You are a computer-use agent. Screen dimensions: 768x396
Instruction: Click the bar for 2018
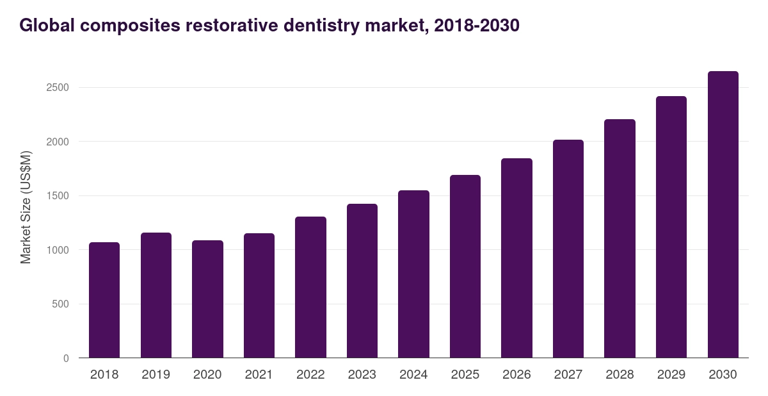(104, 300)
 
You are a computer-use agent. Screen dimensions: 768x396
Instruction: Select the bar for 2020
(207, 299)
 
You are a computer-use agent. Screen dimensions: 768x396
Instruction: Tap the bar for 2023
(362, 281)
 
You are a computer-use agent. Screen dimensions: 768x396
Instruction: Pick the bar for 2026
(516, 258)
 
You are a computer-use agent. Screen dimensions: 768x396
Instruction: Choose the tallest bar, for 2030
(723, 215)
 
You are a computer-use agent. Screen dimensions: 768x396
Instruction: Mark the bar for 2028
(620, 238)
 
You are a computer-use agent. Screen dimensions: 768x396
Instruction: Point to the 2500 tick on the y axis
(58, 88)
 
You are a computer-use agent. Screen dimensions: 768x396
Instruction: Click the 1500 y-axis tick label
(58, 195)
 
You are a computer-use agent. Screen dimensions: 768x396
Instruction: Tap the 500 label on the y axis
(60, 304)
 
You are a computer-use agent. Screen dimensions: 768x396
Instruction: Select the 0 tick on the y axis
(66, 358)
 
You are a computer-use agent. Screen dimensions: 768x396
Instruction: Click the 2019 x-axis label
(156, 374)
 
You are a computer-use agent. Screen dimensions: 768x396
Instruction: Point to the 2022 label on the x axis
(310, 374)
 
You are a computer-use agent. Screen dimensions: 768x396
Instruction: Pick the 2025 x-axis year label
(465, 374)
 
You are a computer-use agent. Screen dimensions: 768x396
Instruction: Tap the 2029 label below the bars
(671, 374)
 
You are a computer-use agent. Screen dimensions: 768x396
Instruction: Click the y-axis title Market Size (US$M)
(26, 207)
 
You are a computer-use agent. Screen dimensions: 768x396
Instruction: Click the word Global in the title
(47, 25)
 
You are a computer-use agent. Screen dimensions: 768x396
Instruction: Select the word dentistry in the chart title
(321, 26)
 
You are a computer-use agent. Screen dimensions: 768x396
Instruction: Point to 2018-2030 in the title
(477, 26)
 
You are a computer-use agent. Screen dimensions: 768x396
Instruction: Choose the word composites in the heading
(130, 26)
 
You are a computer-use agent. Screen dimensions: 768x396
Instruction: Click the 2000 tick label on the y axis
(58, 142)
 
